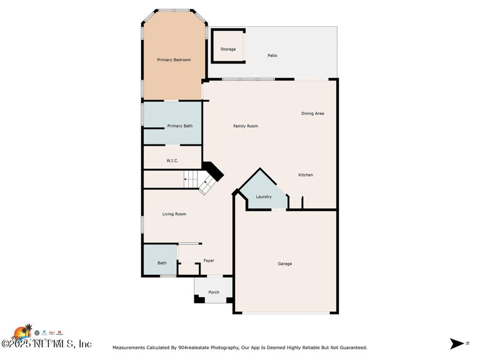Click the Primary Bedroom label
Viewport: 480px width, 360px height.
pyautogui.click(x=173, y=59)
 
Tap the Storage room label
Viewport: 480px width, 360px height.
pyautogui.click(x=228, y=49)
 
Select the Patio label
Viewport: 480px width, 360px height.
pyautogui.click(x=272, y=56)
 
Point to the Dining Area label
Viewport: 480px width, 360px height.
pyautogui.click(x=313, y=113)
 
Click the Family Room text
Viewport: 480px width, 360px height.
pyautogui.click(x=245, y=126)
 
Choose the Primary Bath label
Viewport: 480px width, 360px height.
pyautogui.click(x=180, y=126)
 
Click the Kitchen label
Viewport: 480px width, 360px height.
pyautogui.click(x=306, y=175)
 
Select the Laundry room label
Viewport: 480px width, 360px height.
pyautogui.click(x=264, y=197)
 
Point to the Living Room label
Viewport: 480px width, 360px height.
pyautogui.click(x=174, y=214)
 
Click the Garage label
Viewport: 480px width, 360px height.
pyautogui.click(x=285, y=263)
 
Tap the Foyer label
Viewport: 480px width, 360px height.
pyautogui.click(x=209, y=260)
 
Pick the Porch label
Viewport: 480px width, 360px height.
pyautogui.click(x=214, y=292)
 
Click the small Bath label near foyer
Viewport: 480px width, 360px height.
pyautogui.click(x=162, y=263)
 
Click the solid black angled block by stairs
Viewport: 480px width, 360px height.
pyautogui.click(x=214, y=172)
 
